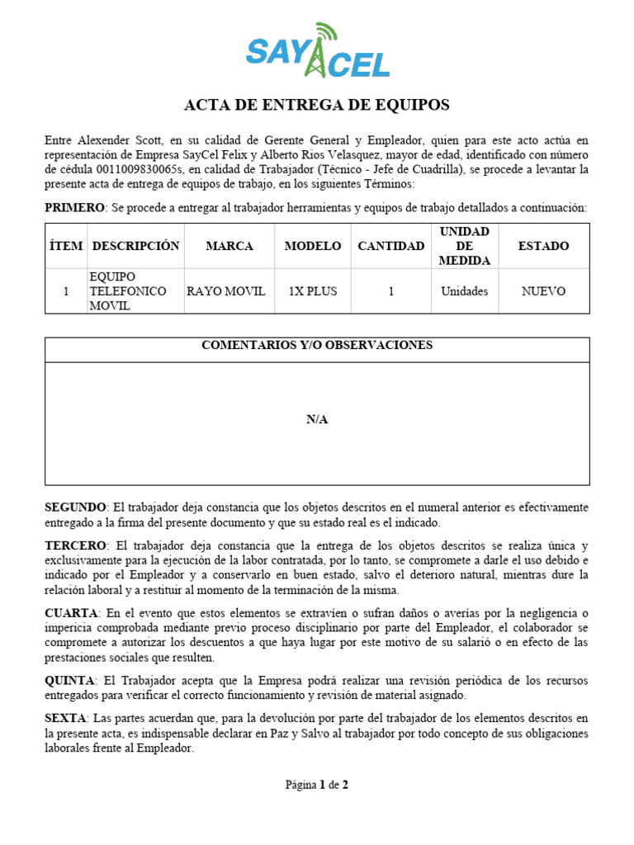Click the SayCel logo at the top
(x=317, y=51)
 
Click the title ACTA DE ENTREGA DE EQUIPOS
(x=317, y=105)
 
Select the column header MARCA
(x=229, y=246)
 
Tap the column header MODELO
(x=312, y=246)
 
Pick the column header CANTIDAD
(x=390, y=246)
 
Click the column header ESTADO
(x=542, y=246)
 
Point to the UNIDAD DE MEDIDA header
(x=464, y=246)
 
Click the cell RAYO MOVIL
(x=225, y=291)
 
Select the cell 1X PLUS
(x=312, y=291)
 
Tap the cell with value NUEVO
(x=542, y=291)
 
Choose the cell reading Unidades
(x=464, y=291)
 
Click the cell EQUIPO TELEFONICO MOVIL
(x=128, y=291)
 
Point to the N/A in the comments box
(x=317, y=419)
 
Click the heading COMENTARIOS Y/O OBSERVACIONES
(x=317, y=346)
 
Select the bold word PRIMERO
(x=74, y=208)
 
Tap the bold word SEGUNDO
(x=75, y=507)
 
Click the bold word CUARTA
(x=71, y=613)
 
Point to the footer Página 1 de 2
(x=317, y=785)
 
